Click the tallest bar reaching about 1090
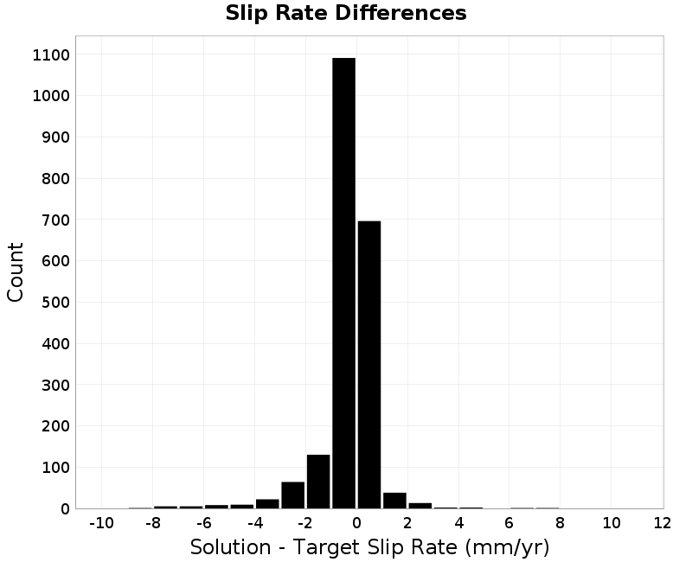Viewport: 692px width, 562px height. [x=343, y=284]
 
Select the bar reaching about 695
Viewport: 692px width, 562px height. [x=369, y=365]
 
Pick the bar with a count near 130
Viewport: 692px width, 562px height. [x=318, y=482]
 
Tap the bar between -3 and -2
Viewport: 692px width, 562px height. [x=293, y=495]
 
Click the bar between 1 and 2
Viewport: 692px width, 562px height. [x=394, y=501]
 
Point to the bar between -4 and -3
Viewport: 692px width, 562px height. [x=267, y=504]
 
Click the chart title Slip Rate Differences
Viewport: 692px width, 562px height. [x=346, y=13]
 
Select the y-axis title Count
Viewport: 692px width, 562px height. [x=16, y=272]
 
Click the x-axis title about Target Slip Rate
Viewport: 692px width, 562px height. [x=370, y=547]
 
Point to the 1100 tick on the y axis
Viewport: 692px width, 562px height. [x=51, y=55]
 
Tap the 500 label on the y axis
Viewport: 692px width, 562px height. [x=56, y=303]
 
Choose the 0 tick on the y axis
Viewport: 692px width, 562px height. [x=66, y=509]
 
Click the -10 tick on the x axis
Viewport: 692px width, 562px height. [x=101, y=523]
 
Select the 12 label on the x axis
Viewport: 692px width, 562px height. [x=662, y=523]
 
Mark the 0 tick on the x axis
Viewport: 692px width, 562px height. [x=356, y=523]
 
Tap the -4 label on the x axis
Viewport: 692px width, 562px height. [x=254, y=523]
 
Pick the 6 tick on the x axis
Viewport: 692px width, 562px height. [x=509, y=523]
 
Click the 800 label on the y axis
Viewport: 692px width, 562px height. [x=56, y=179]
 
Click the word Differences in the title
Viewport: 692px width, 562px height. [x=400, y=13]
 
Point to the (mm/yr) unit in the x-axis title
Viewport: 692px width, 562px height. [x=507, y=547]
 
